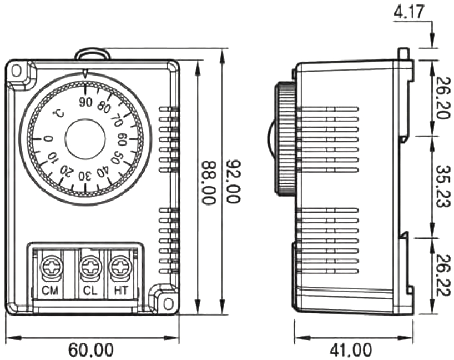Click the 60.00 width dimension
(92, 350)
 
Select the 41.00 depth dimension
(351, 350)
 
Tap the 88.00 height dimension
(208, 183)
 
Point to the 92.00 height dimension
(233, 183)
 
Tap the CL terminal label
(89, 290)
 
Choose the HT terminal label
(120, 290)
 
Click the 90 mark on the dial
(85, 102)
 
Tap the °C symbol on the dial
(58, 114)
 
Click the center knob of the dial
(85, 139)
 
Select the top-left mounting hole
(17, 71)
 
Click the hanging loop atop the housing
(92, 53)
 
